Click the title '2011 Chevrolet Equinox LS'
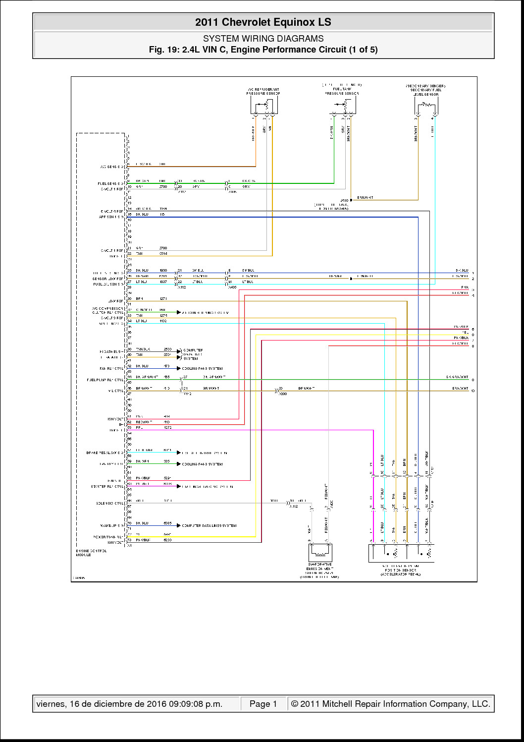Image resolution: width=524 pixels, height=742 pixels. tap(263, 22)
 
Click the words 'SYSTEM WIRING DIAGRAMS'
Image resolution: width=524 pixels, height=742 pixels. tap(263, 38)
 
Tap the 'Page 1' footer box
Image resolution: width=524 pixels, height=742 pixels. tap(263, 704)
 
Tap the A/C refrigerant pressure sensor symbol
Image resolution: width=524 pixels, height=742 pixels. tap(263, 106)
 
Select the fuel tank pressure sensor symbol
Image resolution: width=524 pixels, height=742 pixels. tap(342, 105)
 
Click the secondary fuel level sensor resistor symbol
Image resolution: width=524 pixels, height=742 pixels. tap(425, 105)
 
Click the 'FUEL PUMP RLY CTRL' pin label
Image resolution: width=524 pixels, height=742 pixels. tap(105, 380)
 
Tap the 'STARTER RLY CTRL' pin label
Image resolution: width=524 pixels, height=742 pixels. tap(107, 487)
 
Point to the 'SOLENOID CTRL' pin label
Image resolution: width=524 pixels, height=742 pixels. tap(109, 503)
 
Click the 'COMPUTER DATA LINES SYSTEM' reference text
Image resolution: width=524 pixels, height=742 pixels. tap(209, 525)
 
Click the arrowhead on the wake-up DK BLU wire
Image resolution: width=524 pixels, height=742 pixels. tap(179, 525)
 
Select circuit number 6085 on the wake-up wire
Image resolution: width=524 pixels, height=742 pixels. tap(167, 523)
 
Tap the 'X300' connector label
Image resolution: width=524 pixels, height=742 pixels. tap(283, 394)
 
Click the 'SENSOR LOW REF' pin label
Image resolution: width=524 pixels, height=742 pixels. tap(107, 279)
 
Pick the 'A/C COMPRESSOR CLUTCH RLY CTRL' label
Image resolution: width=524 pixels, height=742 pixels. tap(107, 311)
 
